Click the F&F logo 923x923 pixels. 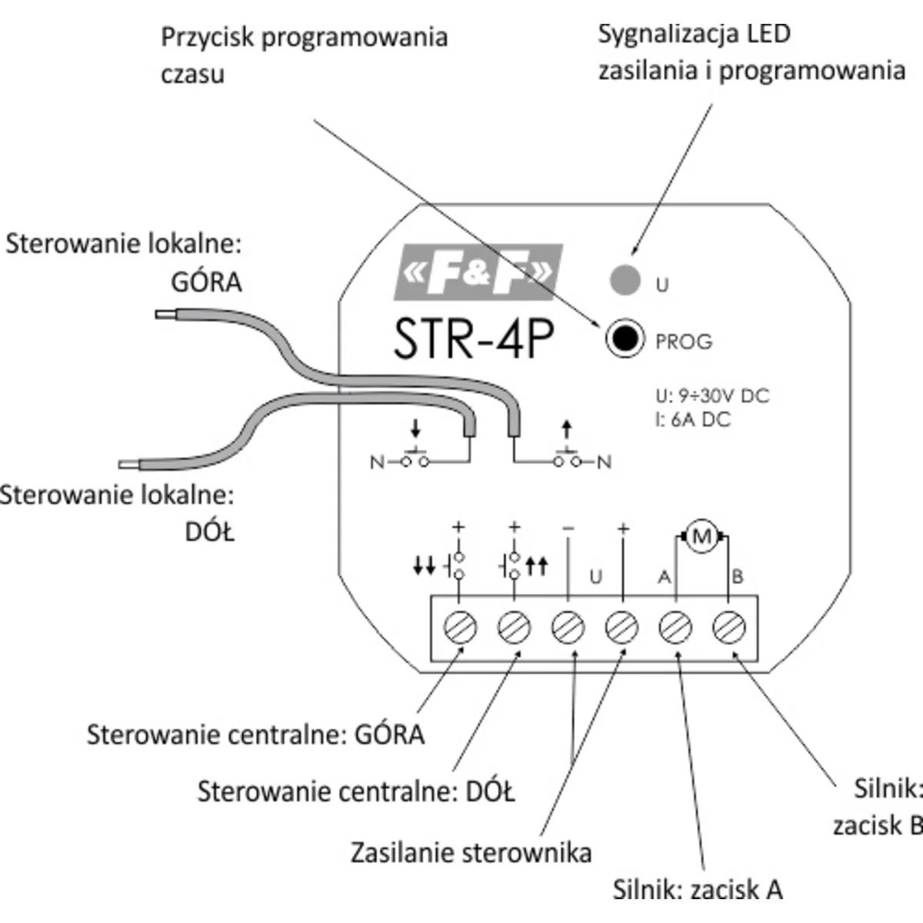[x=478, y=272]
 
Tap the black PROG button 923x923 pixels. [x=624, y=338]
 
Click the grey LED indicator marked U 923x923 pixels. [x=625, y=278]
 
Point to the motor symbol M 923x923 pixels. [x=701, y=538]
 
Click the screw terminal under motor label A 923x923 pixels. [x=675, y=628]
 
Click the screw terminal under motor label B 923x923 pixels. [x=728, y=628]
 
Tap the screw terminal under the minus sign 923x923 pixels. [x=568, y=628]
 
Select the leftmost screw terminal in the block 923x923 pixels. [x=460, y=628]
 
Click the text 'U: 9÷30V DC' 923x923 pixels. [x=712, y=396]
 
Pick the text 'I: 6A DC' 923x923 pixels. [x=693, y=420]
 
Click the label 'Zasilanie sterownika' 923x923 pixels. [x=471, y=852]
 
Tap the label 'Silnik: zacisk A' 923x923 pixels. [x=698, y=889]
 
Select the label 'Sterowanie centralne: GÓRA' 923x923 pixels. [x=255, y=735]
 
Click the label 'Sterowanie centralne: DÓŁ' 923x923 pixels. [x=356, y=791]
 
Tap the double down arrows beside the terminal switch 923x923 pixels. [x=424, y=567]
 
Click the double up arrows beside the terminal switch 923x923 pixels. [x=537, y=567]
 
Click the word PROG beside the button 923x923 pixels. [x=684, y=342]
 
